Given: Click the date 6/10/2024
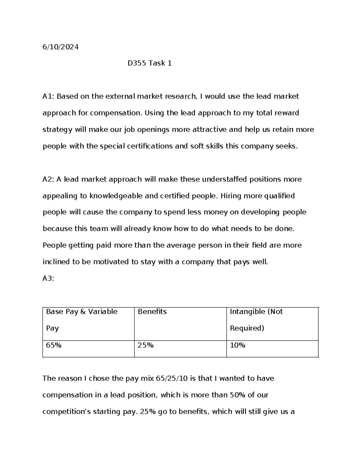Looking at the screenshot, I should [60, 47].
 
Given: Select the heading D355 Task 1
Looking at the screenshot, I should [150, 63].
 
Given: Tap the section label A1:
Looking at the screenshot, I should [48, 96].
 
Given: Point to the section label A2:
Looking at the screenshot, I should [48, 179].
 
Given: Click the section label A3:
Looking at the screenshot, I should [48, 278].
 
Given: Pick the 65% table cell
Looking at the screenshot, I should [54, 345].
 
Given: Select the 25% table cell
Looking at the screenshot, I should [146, 345].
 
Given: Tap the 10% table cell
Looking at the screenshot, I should [238, 345].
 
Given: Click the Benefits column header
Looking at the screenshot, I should [152, 312].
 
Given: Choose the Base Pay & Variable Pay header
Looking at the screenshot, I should [82, 312].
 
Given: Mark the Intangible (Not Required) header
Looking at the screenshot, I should [256, 312].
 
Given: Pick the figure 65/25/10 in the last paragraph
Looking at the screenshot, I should [172, 378].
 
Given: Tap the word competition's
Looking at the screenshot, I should [66, 412].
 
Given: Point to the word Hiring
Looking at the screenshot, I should [231, 196].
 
